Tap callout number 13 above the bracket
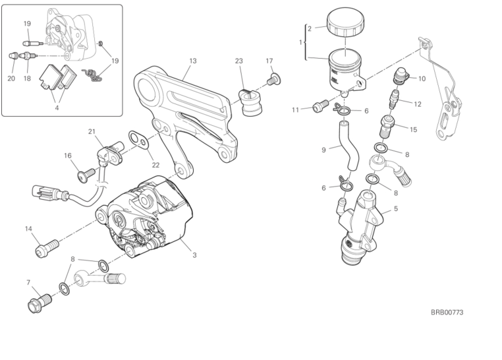point(192,61)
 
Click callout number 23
point(239,61)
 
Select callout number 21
point(92,131)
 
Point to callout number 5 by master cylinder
point(395,209)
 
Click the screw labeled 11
point(320,104)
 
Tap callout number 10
point(422,78)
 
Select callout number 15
point(413,130)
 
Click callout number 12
point(418,104)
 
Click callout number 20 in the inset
point(11,78)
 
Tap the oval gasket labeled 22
point(138,138)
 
